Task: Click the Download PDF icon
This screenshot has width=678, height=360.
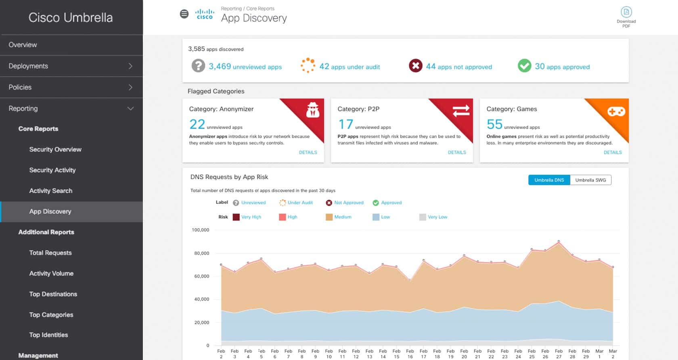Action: (626, 12)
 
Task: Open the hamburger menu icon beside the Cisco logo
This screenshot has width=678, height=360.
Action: (184, 14)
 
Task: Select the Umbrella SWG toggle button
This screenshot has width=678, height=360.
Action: (590, 180)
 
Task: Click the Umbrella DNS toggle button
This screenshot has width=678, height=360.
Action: (549, 180)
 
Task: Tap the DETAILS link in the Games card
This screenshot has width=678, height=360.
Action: (612, 153)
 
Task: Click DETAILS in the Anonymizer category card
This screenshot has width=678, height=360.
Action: (308, 153)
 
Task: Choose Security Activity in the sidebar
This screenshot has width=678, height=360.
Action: (52, 170)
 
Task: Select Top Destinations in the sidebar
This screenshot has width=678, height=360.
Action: (53, 294)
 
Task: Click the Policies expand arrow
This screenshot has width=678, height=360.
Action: (130, 87)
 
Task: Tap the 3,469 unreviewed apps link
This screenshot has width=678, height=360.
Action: (245, 67)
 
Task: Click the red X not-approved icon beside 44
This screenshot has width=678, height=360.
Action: (415, 65)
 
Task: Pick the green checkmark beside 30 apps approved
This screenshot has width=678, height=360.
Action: (524, 65)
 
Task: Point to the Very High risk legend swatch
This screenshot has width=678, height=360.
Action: (236, 217)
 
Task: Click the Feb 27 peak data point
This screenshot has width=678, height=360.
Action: (559, 241)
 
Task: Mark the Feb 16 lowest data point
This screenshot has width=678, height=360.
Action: (410, 280)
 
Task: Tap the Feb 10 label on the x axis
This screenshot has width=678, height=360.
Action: (329, 354)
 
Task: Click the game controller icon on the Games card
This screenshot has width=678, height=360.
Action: (616, 111)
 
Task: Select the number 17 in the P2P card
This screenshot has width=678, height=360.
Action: (345, 124)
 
